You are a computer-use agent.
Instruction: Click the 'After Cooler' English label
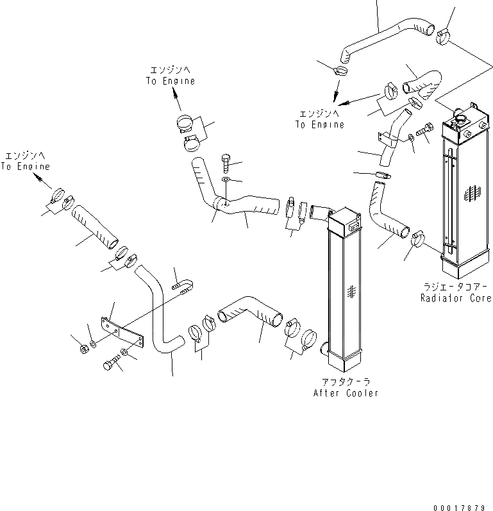coord(346,393)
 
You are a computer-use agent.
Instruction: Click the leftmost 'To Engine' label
coord(26,167)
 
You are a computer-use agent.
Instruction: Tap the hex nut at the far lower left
coord(84,349)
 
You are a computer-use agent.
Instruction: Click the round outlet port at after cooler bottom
coord(323,349)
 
